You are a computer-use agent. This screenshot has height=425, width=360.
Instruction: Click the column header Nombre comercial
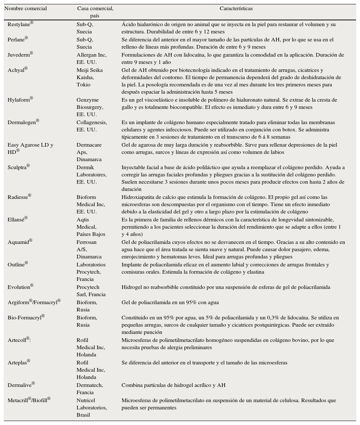(x=25, y=9)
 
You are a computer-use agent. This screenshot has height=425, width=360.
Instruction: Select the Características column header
(x=236, y=9)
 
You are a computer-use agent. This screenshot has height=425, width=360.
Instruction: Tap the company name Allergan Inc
(x=91, y=55)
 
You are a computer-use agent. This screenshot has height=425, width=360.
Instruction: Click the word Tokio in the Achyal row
(x=83, y=85)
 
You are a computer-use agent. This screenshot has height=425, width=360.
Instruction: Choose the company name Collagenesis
(x=91, y=123)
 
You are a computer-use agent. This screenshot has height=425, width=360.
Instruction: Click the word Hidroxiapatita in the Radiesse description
(x=138, y=197)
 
